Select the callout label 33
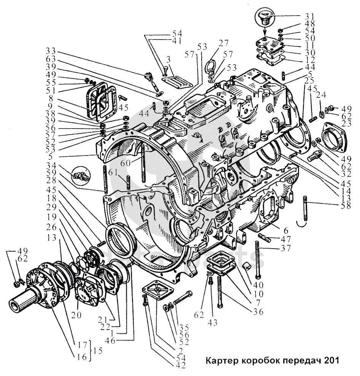[x=51, y=51]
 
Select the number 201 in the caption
[x=331, y=360]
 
